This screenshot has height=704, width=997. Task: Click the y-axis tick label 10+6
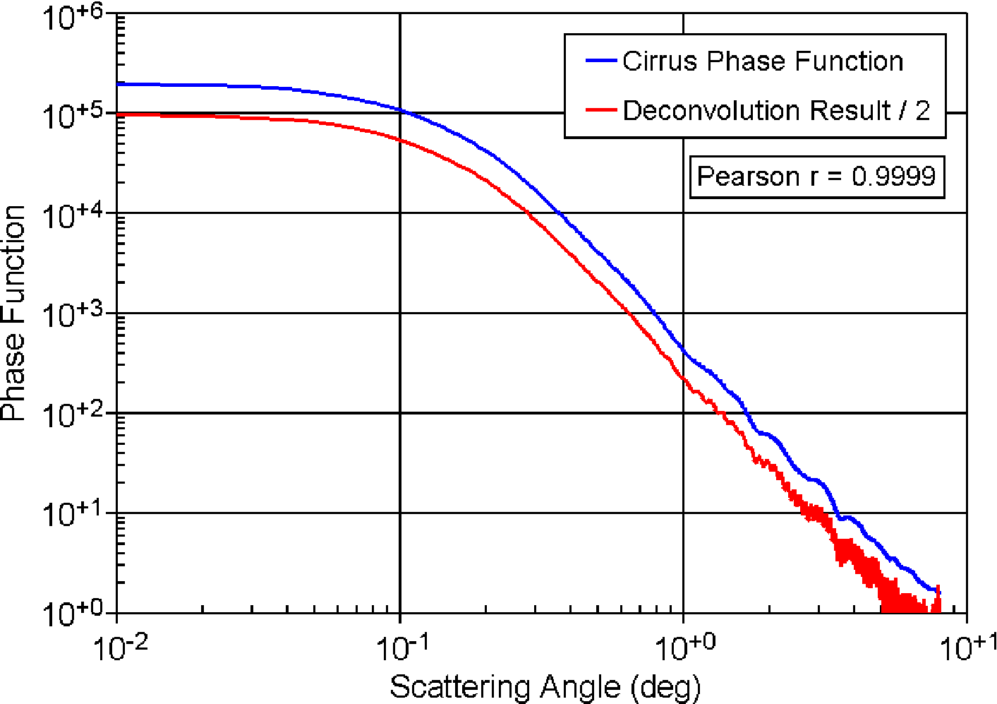(73, 17)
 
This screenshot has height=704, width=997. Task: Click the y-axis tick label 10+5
(73, 116)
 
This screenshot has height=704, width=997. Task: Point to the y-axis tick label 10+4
(73, 216)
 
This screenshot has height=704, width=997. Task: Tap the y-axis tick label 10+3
(73, 316)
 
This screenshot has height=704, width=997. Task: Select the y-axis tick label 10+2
(73, 416)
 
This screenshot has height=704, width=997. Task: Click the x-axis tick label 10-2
(121, 649)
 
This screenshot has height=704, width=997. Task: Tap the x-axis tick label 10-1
(404, 649)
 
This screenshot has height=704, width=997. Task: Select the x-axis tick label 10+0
(686, 649)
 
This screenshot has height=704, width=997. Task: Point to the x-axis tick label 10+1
(969, 649)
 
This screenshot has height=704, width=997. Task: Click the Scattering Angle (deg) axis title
(545, 688)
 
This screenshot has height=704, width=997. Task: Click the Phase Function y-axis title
(13, 313)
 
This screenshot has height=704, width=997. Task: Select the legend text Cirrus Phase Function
(763, 61)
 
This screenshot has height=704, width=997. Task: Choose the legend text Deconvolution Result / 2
(776, 110)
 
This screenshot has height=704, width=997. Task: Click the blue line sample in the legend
(601, 61)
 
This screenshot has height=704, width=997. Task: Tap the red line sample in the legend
(601, 109)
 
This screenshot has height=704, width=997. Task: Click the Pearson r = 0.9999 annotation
(816, 177)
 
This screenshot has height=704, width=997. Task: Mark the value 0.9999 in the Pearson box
(894, 176)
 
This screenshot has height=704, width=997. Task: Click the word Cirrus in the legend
(660, 61)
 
